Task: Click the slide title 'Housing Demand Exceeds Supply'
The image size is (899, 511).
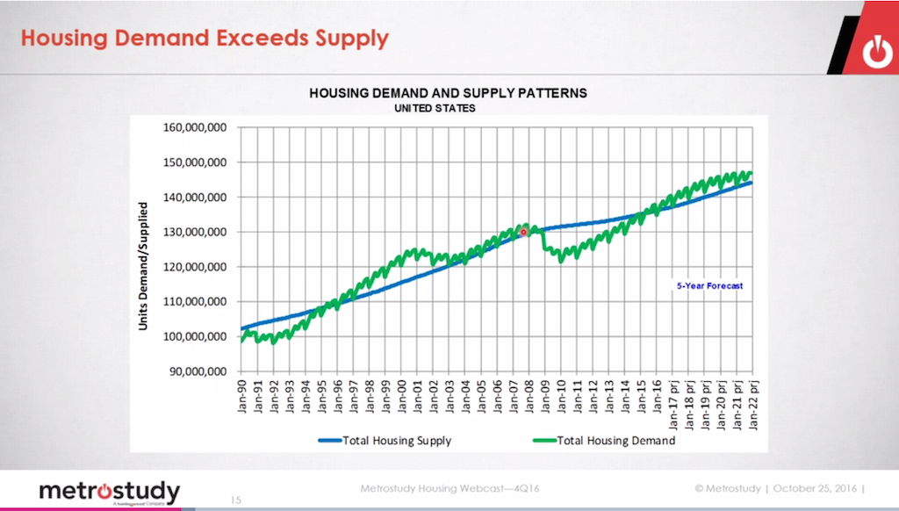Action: pos(204,39)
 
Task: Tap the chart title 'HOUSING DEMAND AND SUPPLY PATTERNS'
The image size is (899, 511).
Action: pos(448,92)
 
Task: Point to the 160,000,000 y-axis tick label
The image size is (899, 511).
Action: pos(195,127)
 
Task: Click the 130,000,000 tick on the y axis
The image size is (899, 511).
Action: pos(195,232)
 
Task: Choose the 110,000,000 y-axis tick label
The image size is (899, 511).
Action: pos(195,301)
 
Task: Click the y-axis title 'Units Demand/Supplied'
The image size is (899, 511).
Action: pos(142,267)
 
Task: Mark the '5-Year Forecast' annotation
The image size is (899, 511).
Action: pos(709,285)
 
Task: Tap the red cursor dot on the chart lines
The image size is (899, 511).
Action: pos(523,232)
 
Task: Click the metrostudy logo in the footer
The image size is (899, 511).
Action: pos(110,492)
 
